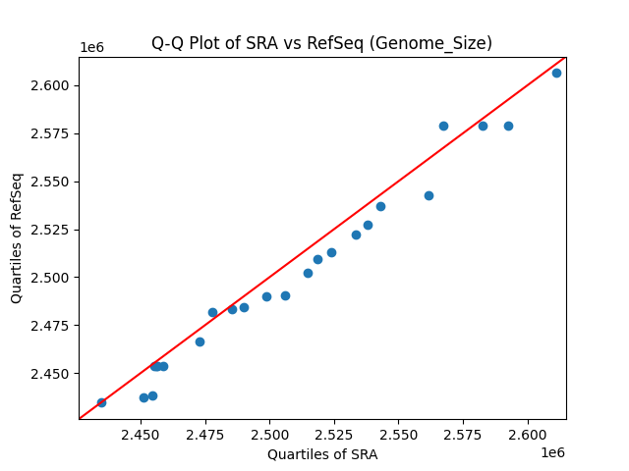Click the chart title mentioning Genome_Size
[x=321, y=43]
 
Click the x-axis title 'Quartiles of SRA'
[x=321, y=454]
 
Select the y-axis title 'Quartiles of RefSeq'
[x=17, y=237]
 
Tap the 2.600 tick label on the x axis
[x=528, y=434]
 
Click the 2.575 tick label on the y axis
[x=49, y=133]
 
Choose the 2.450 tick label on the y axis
[x=49, y=374]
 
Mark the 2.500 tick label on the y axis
[x=49, y=278]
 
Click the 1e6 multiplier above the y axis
[x=91, y=48]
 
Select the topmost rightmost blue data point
[x=556, y=73]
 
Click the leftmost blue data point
[x=101, y=402]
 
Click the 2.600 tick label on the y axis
[x=49, y=85]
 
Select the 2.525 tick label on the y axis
[x=49, y=230]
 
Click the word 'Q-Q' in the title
[x=167, y=43]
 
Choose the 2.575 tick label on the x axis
[x=464, y=434]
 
